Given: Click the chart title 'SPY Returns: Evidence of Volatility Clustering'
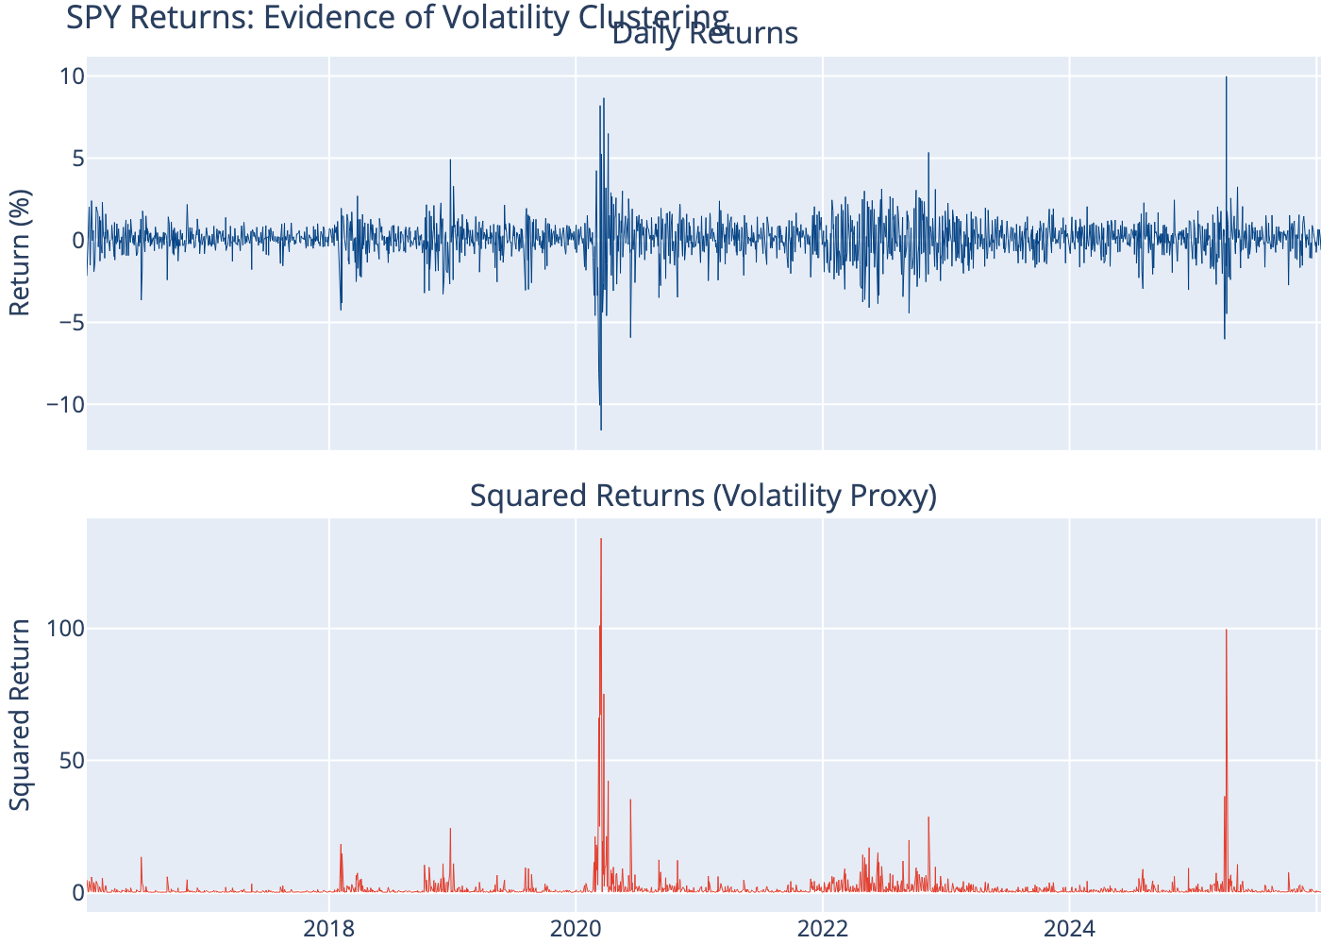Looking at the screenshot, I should click(397, 17).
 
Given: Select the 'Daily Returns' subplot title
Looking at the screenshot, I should click(704, 34).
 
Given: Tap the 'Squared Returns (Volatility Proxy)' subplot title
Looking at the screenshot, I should click(703, 496).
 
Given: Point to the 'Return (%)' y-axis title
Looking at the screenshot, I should click(20, 253).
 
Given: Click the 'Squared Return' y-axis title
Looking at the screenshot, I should click(20, 715).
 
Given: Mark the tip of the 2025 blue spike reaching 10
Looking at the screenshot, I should click(1226, 77).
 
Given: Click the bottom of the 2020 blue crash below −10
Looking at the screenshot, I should click(601, 430).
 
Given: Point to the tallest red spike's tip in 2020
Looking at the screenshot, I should click(601, 539).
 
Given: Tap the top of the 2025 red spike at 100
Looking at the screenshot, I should click(1226, 630).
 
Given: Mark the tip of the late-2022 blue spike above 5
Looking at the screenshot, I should click(928, 153).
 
